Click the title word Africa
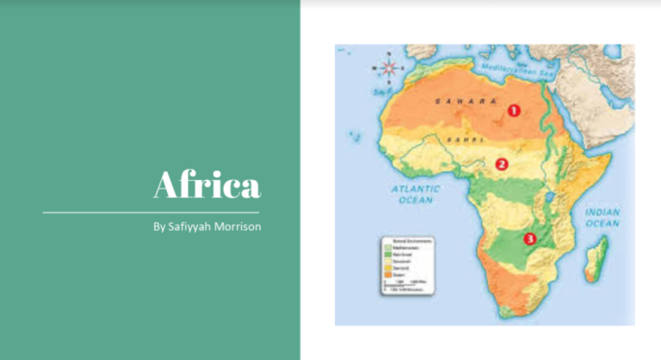[x=206, y=184]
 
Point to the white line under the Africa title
[x=151, y=211]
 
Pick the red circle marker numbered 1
[x=514, y=109]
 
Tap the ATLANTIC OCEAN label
[x=415, y=193]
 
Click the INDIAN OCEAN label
[x=602, y=217]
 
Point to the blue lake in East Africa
[x=548, y=204]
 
